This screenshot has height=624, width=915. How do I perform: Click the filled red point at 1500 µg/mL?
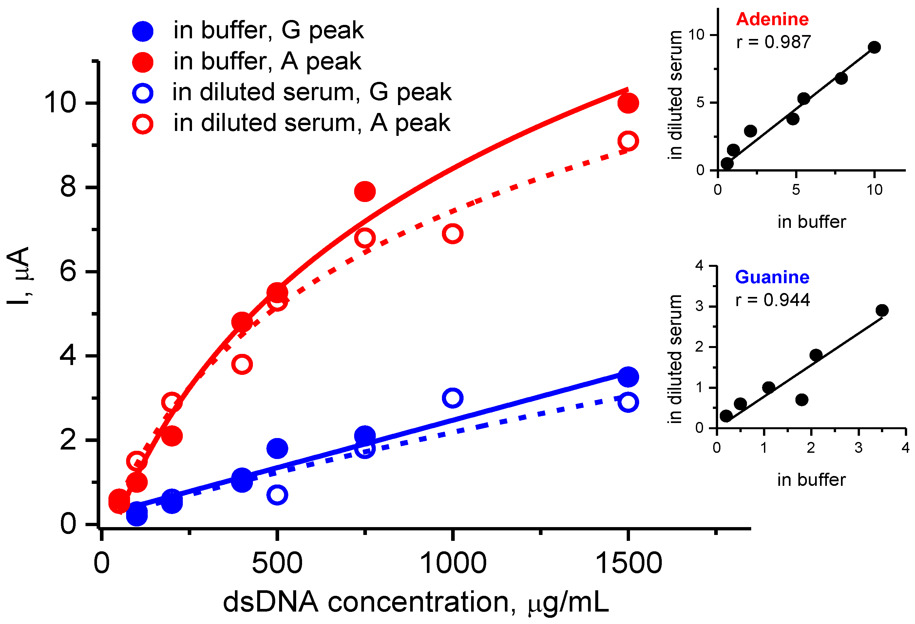(628, 103)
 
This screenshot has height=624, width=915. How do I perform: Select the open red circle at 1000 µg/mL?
(452, 234)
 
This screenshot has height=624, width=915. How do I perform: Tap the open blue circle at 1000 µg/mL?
(452, 398)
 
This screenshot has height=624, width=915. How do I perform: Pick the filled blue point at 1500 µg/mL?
(628, 377)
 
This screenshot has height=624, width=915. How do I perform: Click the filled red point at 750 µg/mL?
(365, 192)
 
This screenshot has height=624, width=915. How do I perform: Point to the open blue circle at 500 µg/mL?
(277, 495)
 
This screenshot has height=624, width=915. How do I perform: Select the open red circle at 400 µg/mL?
(242, 364)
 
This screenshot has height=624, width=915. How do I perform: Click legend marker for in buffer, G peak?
(143, 31)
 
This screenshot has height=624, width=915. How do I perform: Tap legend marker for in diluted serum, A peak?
(143, 124)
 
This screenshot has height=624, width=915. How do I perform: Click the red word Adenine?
(772, 19)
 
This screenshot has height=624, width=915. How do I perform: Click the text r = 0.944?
(772, 300)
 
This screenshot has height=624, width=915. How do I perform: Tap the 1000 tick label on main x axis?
(453, 563)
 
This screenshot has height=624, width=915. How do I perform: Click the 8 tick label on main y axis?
(68, 187)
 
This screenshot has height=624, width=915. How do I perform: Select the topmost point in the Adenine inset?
(874, 47)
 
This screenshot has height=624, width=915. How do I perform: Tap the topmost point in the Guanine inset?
(882, 310)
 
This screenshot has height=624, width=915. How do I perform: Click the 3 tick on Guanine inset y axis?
(700, 306)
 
